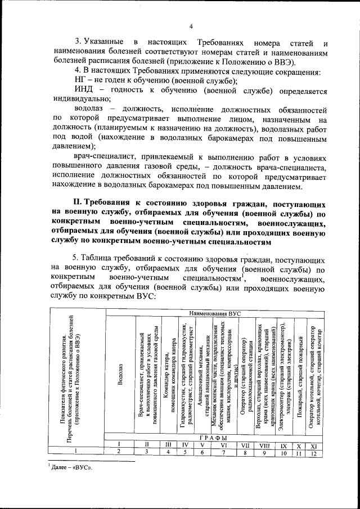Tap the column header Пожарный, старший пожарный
299,388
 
